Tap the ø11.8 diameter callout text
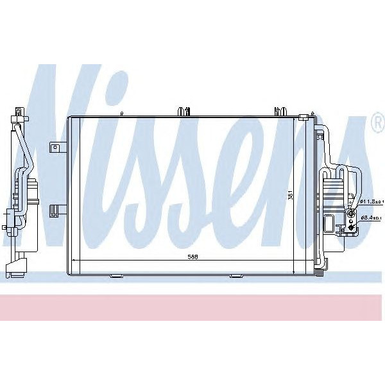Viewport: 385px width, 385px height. (371, 201)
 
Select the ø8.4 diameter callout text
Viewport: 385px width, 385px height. (372, 218)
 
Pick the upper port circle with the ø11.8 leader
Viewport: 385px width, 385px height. (351, 202)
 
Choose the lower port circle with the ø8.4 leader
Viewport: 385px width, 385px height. (352, 218)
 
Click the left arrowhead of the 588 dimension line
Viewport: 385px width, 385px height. (74, 259)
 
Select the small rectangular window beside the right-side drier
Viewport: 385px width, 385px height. (328, 224)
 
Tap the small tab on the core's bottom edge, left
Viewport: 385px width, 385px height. (116, 277)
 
